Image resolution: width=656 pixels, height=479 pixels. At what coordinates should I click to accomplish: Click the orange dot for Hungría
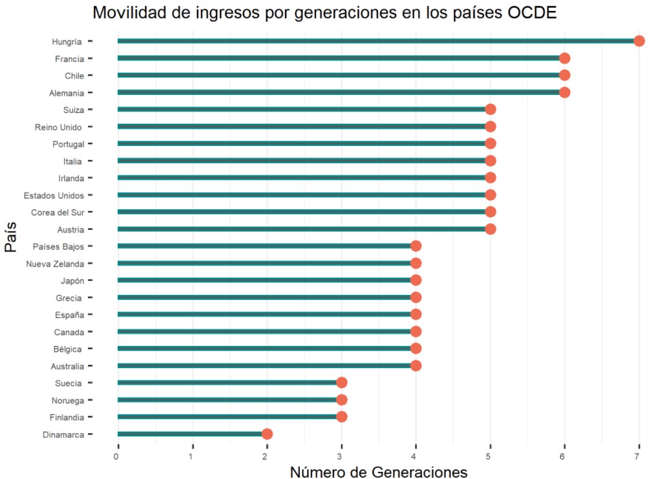click(639, 41)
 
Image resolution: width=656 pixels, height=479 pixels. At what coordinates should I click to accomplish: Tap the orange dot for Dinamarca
click(267, 434)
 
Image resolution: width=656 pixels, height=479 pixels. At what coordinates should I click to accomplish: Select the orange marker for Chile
click(564, 76)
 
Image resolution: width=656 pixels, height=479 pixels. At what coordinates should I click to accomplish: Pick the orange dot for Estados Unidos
click(490, 195)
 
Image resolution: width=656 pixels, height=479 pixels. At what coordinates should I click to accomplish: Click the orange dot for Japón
click(416, 280)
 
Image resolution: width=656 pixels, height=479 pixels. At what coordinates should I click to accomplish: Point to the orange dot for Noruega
click(341, 400)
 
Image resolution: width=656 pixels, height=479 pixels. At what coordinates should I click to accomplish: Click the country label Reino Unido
click(58, 127)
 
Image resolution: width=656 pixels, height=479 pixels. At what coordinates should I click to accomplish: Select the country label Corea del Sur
click(58, 212)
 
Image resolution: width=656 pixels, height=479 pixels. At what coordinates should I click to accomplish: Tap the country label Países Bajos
click(58, 247)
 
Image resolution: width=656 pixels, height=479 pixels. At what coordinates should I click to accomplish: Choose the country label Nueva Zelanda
click(55, 263)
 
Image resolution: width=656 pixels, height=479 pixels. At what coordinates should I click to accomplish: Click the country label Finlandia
click(64, 417)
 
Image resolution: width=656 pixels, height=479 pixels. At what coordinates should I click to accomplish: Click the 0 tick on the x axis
click(117, 457)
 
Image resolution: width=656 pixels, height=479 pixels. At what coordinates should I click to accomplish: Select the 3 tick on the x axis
click(341, 457)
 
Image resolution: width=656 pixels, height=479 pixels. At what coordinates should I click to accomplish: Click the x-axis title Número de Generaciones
click(378, 472)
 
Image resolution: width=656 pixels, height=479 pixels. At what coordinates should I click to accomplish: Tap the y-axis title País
click(11, 238)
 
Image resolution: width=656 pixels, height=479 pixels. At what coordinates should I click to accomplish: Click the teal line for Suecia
click(226, 383)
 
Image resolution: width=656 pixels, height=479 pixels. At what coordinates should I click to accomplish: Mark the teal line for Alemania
click(336, 92)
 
